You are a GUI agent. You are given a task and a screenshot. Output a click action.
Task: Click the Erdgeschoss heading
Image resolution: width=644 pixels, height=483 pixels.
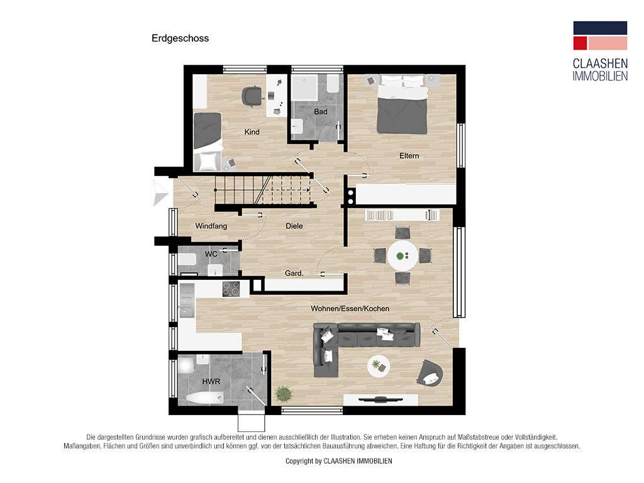pyautogui.click(x=180, y=38)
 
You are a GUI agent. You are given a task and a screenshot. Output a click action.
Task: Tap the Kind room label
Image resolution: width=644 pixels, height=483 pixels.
pyautogui.click(x=252, y=132)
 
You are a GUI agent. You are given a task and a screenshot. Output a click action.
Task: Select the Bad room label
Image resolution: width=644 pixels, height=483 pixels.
pyautogui.click(x=321, y=112)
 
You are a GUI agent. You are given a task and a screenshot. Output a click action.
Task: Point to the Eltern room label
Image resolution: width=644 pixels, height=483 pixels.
pyautogui.click(x=409, y=156)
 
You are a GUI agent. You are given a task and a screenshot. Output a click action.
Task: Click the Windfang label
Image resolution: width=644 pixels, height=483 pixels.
pyautogui.click(x=211, y=226)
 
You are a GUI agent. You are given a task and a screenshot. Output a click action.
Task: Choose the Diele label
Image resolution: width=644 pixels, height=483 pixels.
pyautogui.click(x=294, y=226)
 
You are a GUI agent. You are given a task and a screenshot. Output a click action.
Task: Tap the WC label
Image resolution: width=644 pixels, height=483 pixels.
pyautogui.click(x=211, y=254)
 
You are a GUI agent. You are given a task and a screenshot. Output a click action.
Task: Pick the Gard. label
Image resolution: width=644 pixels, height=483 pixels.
pyautogui.click(x=294, y=273)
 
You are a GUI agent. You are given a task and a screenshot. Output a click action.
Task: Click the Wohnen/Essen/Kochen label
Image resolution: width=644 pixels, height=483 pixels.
pyautogui.click(x=350, y=308)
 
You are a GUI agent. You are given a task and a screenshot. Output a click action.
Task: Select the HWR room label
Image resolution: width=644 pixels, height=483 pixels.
pyautogui.click(x=211, y=382)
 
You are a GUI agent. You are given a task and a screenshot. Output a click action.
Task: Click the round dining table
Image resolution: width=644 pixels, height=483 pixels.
pyautogui.click(x=402, y=256)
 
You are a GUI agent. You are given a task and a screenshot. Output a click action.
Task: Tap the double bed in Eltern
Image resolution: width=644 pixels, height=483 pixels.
pyautogui.click(x=402, y=104)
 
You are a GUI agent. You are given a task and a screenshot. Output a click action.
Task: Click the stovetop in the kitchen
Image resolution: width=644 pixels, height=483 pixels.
pyautogui.click(x=231, y=289)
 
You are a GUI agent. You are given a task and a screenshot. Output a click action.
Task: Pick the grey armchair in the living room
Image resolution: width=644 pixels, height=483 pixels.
pyautogui.click(x=430, y=373)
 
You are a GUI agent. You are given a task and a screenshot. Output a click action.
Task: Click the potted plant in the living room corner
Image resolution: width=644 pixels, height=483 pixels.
pyautogui.click(x=283, y=394)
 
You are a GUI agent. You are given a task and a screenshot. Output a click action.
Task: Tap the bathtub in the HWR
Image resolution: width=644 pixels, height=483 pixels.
pyautogui.click(x=204, y=397)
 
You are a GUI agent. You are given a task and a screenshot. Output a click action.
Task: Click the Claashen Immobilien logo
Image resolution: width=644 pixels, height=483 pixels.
pyautogui.click(x=600, y=52)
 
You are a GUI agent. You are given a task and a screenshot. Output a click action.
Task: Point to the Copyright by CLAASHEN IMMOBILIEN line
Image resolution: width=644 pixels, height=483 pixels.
pyautogui.click(x=339, y=461)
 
